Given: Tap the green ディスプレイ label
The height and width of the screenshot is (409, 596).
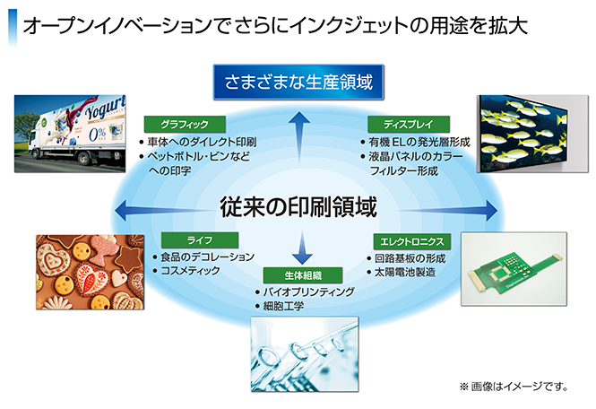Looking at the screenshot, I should [408, 124].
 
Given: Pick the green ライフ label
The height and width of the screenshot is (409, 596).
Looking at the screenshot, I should [199, 240].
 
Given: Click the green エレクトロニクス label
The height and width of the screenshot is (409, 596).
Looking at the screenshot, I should [410, 240].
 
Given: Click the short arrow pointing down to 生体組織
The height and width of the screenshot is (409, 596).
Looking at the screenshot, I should [304, 244].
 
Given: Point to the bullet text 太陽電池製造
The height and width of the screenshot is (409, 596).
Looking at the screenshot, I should [405, 271].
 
